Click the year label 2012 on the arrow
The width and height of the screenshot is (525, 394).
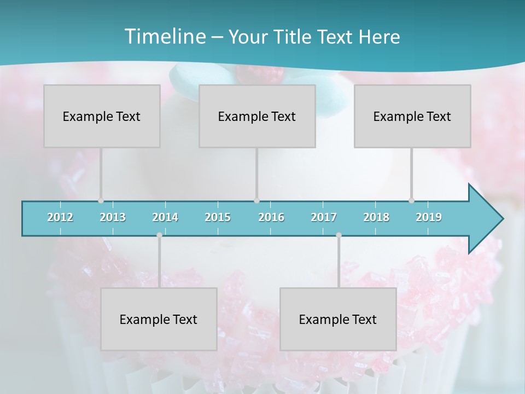60,217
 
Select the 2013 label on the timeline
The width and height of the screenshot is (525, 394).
113,217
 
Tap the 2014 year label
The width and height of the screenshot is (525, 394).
165,217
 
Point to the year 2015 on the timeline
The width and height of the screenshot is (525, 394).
218,217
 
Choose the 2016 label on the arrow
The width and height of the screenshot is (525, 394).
271,217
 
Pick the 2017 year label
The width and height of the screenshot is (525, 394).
324,217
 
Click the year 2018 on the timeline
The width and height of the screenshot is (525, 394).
376,217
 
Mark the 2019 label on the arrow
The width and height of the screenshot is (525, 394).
429,217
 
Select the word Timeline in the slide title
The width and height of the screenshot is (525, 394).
164,36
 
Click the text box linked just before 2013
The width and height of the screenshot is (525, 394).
102,116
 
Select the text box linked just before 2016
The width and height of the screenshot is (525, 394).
257,116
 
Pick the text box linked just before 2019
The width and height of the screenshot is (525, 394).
412,116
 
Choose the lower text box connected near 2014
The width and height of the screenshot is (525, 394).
159,319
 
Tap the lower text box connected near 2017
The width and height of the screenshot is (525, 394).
338,319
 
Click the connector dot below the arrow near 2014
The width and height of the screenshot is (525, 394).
159,235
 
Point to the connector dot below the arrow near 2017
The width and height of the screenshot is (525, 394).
339,235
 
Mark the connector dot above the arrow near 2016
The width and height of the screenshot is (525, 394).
256,201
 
